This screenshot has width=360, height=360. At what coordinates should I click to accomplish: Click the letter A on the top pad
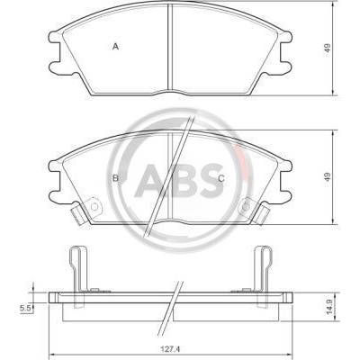[x=116, y=47]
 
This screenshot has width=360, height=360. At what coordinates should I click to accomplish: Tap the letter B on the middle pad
[x=115, y=178]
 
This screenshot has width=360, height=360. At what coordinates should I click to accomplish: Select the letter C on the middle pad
[x=221, y=178]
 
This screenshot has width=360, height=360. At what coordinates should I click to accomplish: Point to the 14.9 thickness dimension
[x=329, y=308]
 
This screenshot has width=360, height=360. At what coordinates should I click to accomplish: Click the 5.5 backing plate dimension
[x=25, y=308]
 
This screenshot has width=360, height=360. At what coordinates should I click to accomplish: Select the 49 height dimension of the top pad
[x=328, y=48]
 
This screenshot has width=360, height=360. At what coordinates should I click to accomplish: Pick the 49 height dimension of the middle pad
[x=328, y=176]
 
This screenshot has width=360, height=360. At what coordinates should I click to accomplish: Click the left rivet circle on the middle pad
[x=94, y=207]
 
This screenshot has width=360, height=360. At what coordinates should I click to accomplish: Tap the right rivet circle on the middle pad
[x=246, y=206]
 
